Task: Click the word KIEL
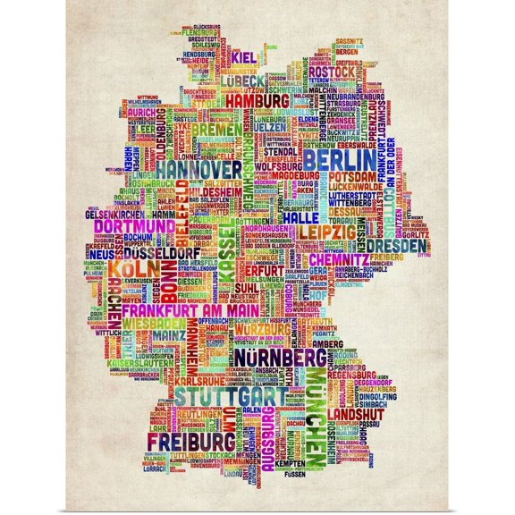pos(243,58)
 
